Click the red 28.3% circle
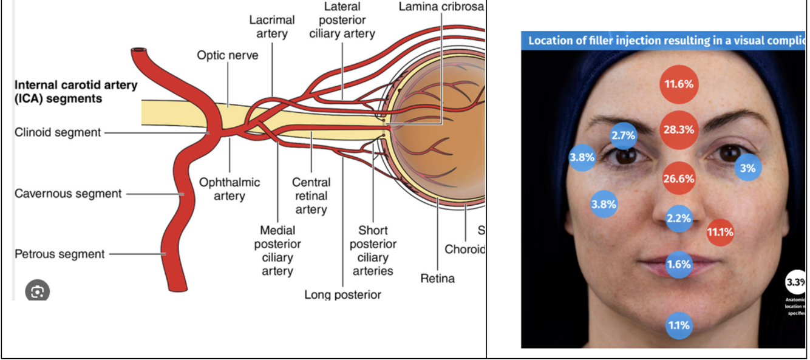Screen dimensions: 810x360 679,130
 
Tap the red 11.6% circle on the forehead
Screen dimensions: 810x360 679,84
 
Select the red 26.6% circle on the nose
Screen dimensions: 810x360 679,178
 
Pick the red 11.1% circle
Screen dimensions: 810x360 720,232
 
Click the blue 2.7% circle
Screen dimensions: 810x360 623,135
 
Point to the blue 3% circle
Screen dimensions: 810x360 748,168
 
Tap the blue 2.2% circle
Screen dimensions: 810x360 679,219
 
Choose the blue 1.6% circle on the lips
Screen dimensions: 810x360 679,265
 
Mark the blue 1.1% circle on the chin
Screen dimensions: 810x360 679,325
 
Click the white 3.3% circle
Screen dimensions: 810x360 796,282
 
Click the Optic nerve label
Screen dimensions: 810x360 227,55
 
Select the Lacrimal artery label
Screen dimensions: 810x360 272,27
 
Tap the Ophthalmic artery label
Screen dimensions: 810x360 230,189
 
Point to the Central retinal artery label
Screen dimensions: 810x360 311,195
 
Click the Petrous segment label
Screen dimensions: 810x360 60,254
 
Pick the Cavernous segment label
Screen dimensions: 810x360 68,194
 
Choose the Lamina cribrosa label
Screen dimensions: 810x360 441,7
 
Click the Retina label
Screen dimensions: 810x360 437,279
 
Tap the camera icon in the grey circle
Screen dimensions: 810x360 37,292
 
